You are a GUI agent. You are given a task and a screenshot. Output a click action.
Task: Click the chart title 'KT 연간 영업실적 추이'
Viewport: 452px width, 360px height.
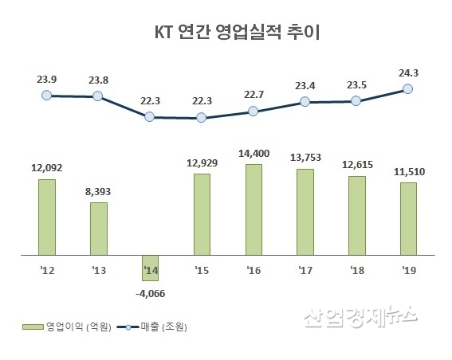(x=226, y=33)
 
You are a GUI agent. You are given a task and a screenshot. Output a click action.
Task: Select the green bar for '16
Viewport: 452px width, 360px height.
(x=254, y=209)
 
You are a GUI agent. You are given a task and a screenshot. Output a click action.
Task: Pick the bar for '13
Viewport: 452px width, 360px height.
(x=98, y=229)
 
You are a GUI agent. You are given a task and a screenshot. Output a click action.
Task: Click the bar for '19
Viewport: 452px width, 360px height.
(x=408, y=219)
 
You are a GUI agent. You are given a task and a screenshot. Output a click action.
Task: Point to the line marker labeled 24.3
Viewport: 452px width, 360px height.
(x=408, y=89)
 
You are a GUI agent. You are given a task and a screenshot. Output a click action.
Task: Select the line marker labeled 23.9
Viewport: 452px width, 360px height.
(x=47, y=95)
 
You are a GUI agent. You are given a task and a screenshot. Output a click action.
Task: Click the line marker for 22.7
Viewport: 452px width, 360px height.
(x=254, y=112)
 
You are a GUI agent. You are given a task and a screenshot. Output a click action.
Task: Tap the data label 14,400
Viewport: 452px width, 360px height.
(x=254, y=151)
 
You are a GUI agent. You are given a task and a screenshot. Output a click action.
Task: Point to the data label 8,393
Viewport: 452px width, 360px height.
(x=98, y=190)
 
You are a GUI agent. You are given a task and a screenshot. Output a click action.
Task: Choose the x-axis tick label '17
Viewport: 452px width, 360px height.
(x=305, y=270)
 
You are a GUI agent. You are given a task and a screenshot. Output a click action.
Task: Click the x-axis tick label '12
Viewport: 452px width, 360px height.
(x=46, y=270)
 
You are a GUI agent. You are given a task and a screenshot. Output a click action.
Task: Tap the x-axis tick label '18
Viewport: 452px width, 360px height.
(x=356, y=270)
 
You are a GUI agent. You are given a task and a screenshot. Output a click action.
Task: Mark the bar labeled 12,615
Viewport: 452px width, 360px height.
(x=356, y=215)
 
